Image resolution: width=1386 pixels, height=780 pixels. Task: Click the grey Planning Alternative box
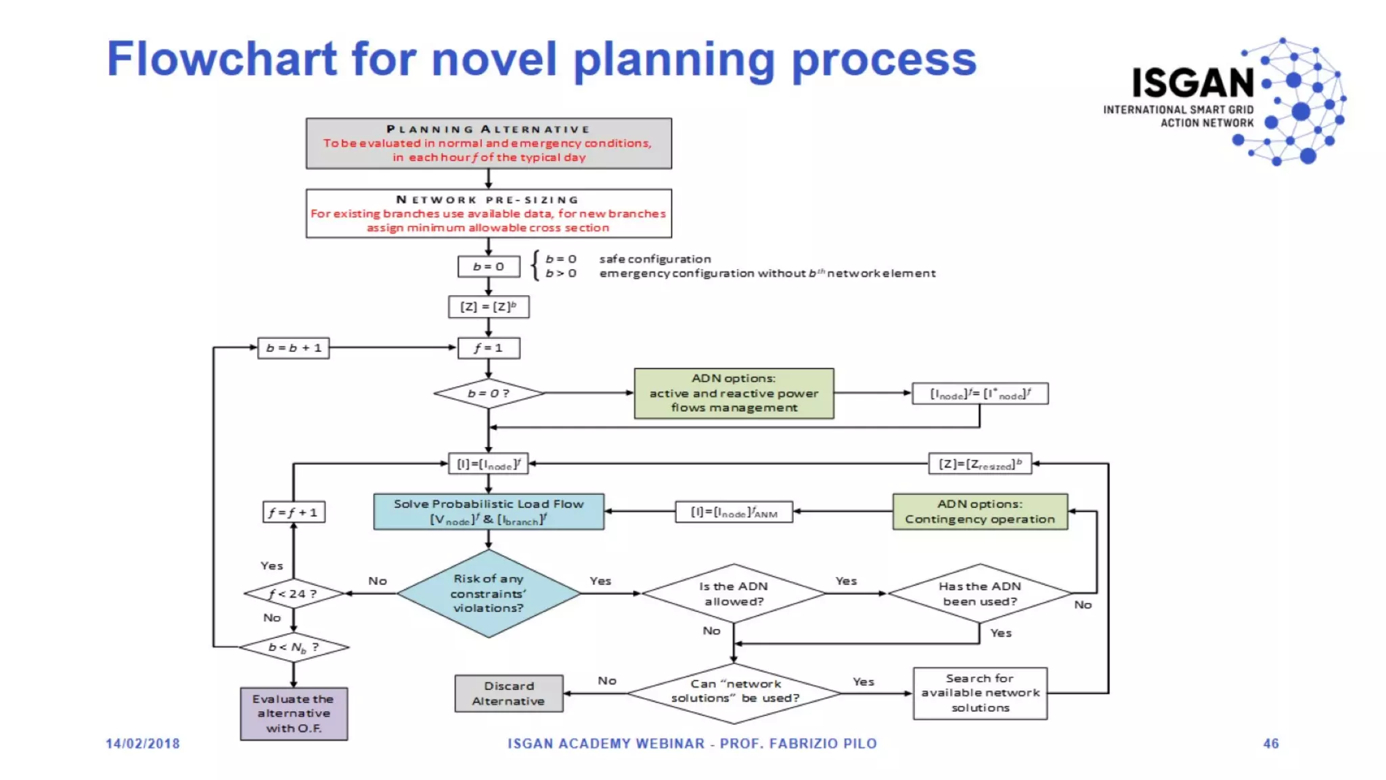coord(489,144)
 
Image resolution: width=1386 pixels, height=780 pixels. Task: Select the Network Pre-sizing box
coord(489,213)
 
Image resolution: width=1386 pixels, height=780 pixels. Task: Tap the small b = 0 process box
coord(489,267)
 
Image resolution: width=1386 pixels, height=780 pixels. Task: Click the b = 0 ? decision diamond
coord(489,393)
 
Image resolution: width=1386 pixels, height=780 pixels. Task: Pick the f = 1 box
coord(489,348)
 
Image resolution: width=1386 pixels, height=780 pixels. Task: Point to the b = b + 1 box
coord(294,348)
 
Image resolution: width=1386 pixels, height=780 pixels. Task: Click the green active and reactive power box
coord(734,393)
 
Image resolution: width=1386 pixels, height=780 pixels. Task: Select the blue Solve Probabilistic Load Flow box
coord(489,512)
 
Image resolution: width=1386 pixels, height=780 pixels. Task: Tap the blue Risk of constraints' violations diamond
coord(489,594)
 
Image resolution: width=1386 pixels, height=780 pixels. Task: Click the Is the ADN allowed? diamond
coord(734,594)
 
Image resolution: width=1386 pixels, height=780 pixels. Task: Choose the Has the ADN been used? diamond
coord(979,594)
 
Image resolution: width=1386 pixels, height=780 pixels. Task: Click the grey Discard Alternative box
coord(509,693)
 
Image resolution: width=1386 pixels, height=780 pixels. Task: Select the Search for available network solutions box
coord(980,693)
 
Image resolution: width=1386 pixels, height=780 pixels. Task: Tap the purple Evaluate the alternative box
coord(294,714)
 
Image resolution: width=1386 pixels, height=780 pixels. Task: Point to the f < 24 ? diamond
coord(294,594)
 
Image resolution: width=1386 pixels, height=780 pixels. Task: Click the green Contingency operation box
coord(980,512)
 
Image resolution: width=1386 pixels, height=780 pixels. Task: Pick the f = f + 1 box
coord(294,513)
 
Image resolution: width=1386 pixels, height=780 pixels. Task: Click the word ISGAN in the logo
coord(1194,83)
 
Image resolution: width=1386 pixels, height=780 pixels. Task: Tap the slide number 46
coord(1270,743)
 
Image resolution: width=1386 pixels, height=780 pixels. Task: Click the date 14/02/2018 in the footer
coord(143,743)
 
